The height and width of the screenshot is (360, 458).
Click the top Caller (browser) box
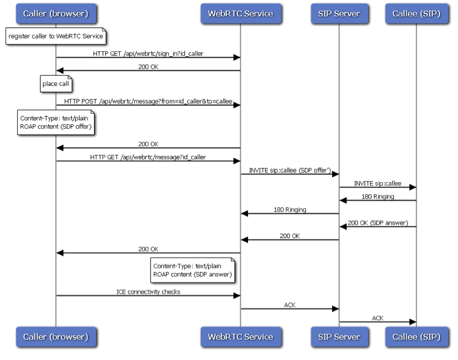point(56,13)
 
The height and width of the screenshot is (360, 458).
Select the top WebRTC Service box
point(241,13)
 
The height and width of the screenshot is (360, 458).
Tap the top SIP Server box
point(339,13)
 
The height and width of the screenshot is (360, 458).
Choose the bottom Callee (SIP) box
point(417,337)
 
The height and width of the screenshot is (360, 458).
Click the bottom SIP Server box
point(339,337)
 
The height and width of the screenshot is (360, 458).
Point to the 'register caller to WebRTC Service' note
point(56,36)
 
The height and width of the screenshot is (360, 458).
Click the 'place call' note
point(56,84)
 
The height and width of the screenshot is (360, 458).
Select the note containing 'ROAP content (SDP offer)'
point(56,123)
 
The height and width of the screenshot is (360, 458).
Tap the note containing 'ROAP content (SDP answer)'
point(192,270)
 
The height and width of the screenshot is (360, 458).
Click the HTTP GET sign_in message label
point(148,53)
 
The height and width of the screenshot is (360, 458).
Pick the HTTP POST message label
point(148,101)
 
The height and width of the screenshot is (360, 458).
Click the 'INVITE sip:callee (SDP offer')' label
point(290,171)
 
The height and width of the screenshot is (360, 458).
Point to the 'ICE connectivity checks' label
point(148,291)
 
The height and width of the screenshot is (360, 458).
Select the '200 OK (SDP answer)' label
point(378,223)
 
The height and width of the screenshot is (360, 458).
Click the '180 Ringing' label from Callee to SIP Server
point(378,196)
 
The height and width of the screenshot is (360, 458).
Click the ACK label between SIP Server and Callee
point(378,318)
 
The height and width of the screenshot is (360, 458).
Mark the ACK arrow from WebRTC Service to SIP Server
point(290,309)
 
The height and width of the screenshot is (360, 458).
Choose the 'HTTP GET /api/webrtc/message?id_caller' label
point(148,157)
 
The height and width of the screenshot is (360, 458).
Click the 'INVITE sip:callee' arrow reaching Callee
point(378,187)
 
